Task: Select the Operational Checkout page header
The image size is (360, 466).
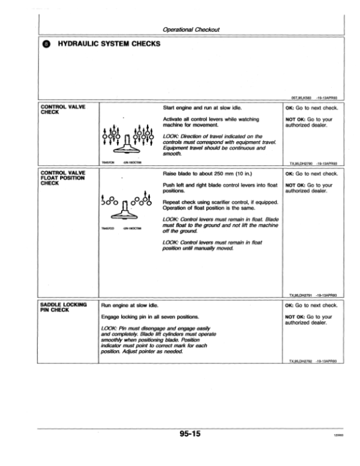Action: (x=191, y=28)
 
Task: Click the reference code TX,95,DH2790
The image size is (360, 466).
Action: (x=304, y=162)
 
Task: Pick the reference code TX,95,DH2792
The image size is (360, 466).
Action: (x=304, y=361)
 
